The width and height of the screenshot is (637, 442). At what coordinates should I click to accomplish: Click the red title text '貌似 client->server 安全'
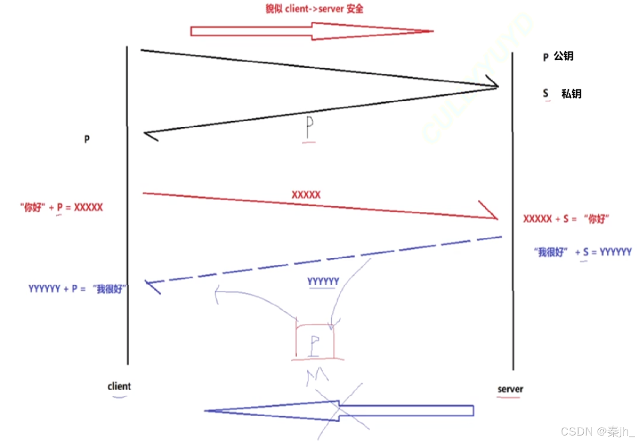[x=314, y=9]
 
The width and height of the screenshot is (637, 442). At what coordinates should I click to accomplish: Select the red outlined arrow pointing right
[x=311, y=31]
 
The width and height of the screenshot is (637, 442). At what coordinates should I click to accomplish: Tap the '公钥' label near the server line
[x=563, y=56]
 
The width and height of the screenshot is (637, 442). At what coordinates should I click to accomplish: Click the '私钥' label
[x=571, y=94]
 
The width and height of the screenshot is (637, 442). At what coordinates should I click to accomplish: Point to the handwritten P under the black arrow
[x=309, y=127]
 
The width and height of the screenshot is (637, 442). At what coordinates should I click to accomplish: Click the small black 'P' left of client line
[x=87, y=139]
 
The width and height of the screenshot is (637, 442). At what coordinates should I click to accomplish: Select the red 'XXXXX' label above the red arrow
[x=306, y=195]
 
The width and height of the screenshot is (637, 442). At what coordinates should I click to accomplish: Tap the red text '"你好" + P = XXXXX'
[x=62, y=207]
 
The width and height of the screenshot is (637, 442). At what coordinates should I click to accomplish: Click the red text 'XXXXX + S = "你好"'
[x=566, y=219]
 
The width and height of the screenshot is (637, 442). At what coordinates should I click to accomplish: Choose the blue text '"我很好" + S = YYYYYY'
[x=583, y=252]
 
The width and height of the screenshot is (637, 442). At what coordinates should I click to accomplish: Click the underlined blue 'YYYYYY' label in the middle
[x=323, y=281]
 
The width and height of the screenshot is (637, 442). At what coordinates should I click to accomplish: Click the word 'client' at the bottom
[x=119, y=386]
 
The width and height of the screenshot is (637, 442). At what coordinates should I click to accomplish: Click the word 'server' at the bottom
[x=510, y=389]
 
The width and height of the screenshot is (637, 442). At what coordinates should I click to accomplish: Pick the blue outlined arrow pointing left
[x=339, y=411]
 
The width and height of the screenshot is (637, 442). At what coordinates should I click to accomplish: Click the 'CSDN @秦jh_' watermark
[x=597, y=432]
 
